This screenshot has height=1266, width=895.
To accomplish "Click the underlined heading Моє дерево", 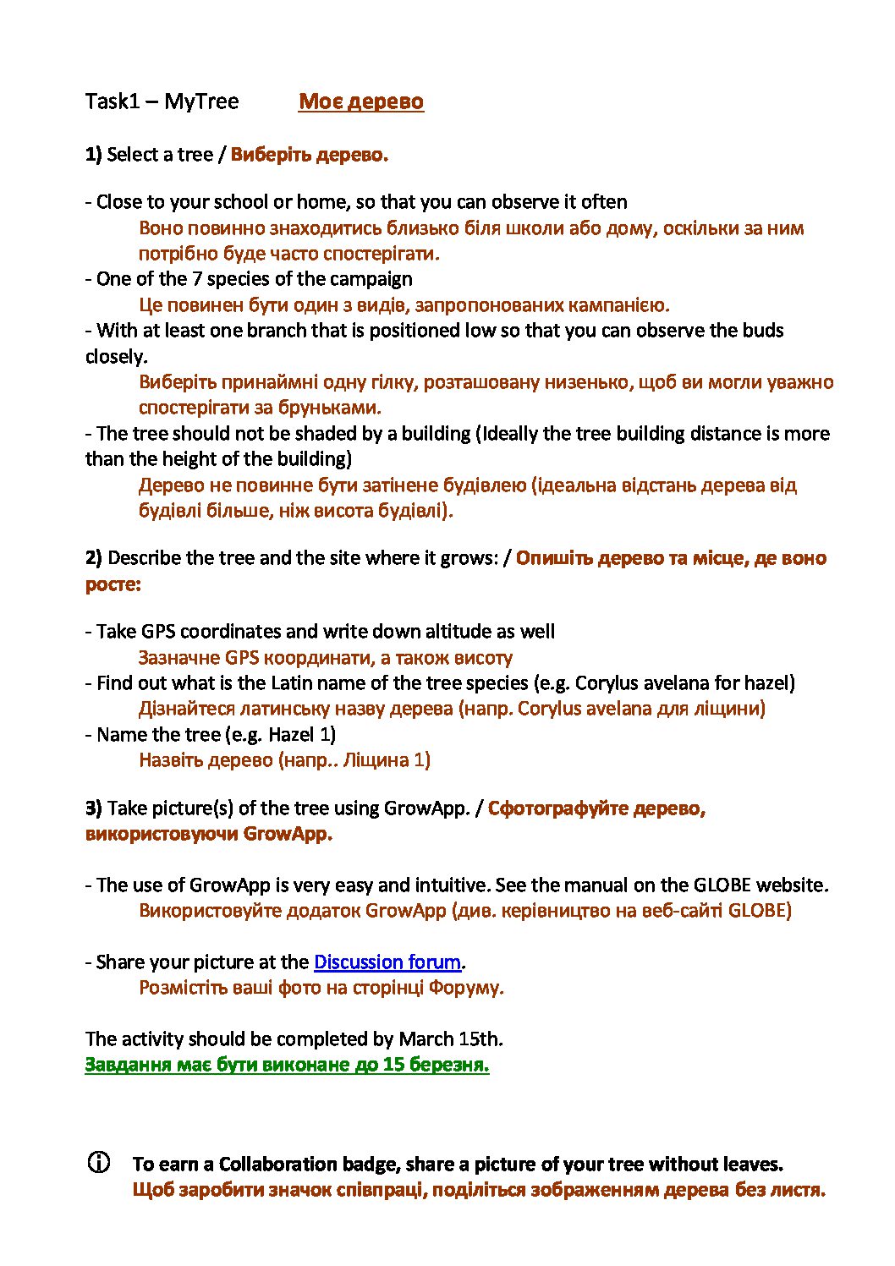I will pos(360,101).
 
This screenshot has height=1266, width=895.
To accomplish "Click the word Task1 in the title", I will pos(112,101).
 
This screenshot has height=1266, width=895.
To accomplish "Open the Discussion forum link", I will pos(387,962).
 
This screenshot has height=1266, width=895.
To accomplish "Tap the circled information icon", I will pos(99,1163).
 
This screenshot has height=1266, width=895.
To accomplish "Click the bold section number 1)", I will pos(93,155).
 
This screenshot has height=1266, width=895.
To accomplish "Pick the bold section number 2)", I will pos(93,558).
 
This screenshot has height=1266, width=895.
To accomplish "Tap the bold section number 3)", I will pos(93,808).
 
